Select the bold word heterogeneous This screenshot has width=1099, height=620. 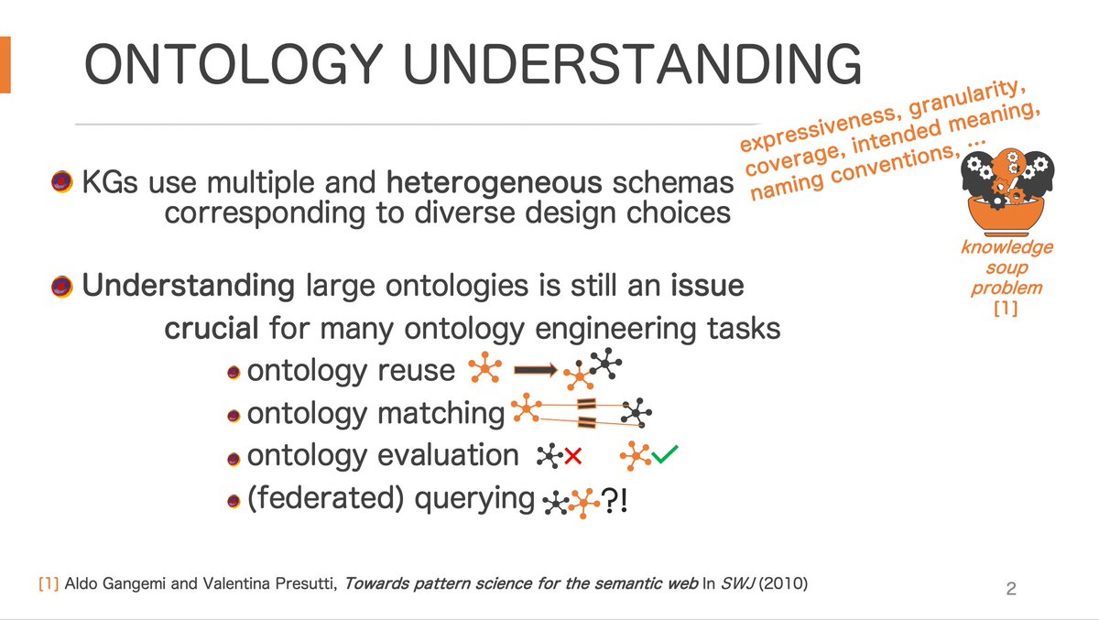pyautogui.click(x=494, y=182)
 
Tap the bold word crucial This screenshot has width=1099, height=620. pyautogui.click(x=208, y=328)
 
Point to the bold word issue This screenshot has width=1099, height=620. pyautogui.click(x=706, y=286)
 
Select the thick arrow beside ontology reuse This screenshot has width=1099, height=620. pyautogui.click(x=536, y=370)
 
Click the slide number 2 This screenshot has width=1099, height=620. pyautogui.click(x=1011, y=589)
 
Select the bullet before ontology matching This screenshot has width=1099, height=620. pyautogui.click(x=234, y=415)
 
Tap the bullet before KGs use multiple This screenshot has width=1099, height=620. pyautogui.click(x=61, y=183)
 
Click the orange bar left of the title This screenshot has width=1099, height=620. pyautogui.click(x=5, y=65)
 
